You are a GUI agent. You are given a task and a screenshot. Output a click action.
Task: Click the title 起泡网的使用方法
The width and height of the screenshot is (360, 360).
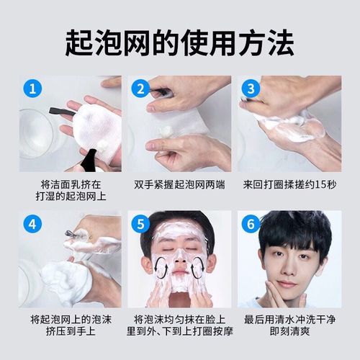[x=180, y=41]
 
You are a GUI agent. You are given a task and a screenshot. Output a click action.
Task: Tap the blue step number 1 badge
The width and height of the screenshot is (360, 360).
[x=31, y=89]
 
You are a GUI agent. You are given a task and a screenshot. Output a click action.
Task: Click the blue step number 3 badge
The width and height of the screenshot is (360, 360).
[x=250, y=89]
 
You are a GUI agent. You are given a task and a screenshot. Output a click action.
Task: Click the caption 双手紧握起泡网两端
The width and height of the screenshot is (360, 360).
[x=180, y=185]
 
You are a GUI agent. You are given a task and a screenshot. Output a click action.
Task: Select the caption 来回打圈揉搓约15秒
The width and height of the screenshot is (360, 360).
[x=289, y=185]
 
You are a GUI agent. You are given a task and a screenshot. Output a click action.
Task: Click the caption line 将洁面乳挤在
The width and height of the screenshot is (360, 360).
[x=70, y=185]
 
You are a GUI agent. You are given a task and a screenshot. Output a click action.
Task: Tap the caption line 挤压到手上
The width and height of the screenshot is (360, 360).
[x=70, y=332]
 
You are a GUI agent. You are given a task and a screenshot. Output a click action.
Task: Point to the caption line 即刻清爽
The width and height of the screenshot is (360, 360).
[x=289, y=332]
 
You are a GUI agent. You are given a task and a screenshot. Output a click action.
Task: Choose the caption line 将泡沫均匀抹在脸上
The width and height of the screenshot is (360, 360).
[x=180, y=319]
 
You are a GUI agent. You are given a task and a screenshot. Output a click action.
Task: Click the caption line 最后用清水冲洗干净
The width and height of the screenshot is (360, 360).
[x=289, y=319]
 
